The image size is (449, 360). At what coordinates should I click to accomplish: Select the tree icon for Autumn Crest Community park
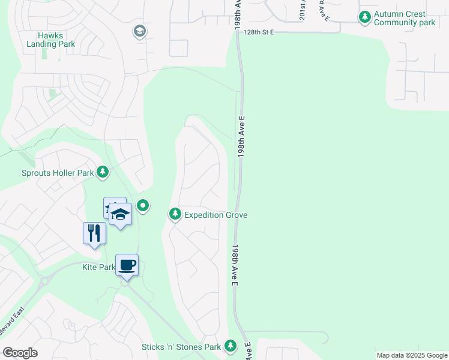[x=364, y=17]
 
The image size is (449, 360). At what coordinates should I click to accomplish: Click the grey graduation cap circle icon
[x=140, y=31]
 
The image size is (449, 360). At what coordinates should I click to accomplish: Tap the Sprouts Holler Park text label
[x=58, y=173]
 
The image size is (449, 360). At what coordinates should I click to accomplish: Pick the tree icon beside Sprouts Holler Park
[x=103, y=173]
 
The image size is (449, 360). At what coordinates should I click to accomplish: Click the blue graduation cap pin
[x=120, y=215]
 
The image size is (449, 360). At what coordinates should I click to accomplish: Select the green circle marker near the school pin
[x=142, y=206]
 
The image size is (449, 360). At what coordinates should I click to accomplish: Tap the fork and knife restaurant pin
[x=94, y=232]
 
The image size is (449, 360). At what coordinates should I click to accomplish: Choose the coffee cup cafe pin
[x=127, y=265]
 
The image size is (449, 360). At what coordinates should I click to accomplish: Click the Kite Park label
[x=98, y=267]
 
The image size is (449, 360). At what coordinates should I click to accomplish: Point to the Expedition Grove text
[x=215, y=215]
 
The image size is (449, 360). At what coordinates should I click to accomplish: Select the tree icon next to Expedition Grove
[x=175, y=214]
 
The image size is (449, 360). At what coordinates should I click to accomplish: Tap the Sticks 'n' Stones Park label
[x=181, y=347]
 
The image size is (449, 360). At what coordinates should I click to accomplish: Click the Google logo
[x=20, y=353]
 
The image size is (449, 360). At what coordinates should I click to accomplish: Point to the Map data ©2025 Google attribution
[x=411, y=355]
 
